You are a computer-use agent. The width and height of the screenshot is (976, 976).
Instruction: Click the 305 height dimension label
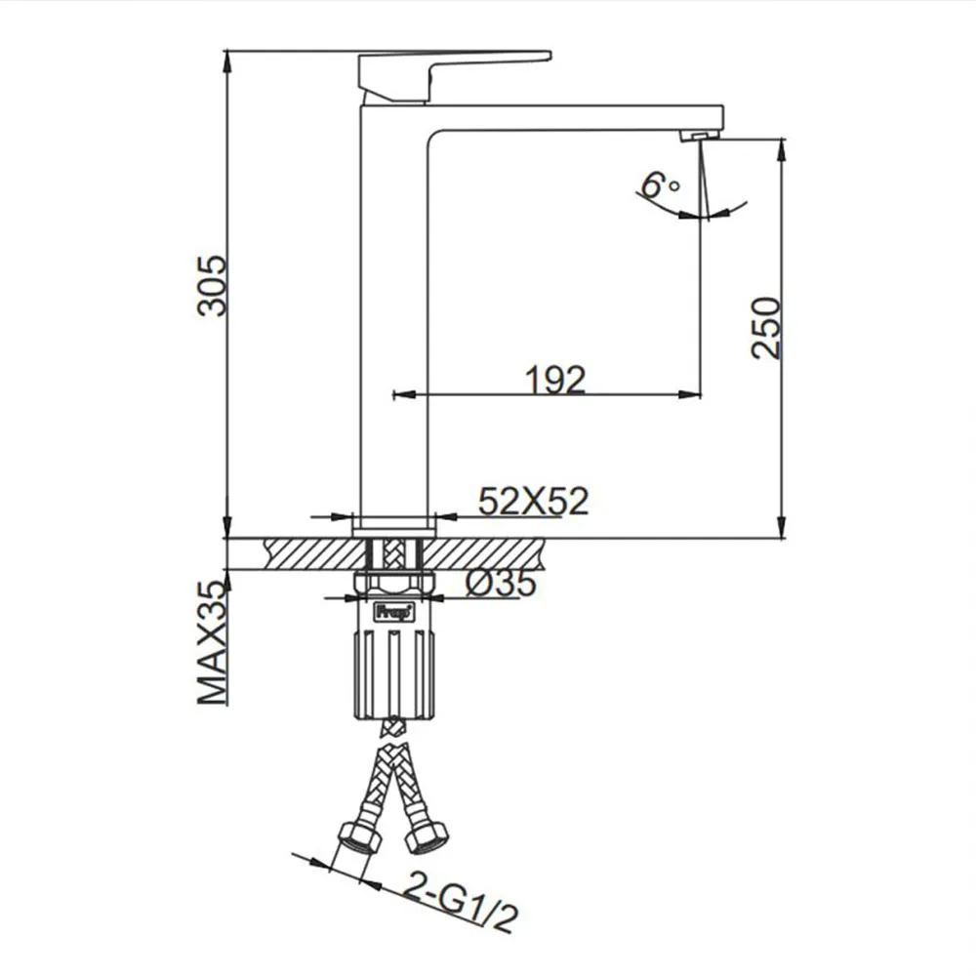pos(212,286)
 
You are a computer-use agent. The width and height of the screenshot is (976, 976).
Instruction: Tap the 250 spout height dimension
pos(765,328)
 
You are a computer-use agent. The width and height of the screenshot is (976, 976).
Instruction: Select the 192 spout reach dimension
pos(556,379)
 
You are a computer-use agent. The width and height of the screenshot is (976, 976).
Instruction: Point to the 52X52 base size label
pos(534,501)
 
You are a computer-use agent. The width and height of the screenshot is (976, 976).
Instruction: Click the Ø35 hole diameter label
pos(501,584)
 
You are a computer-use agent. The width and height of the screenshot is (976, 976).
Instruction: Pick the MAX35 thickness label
pos(212,642)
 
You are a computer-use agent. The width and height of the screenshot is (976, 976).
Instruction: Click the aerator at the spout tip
pos(701,135)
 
